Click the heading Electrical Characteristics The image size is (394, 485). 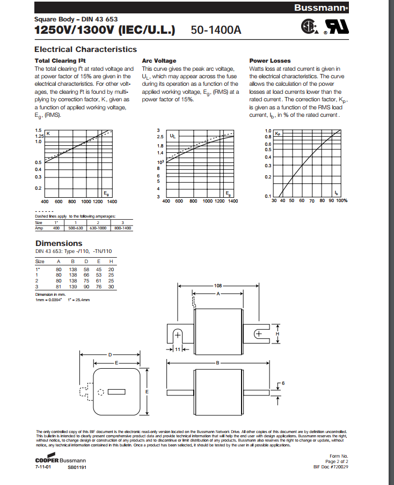click(x=86, y=49)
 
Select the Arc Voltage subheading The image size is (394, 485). click(x=159, y=61)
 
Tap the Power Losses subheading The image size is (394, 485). click(x=270, y=61)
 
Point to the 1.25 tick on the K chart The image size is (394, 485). click(x=38, y=136)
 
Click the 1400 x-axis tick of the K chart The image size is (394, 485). click(x=112, y=202)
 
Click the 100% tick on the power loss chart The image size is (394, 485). click(x=342, y=200)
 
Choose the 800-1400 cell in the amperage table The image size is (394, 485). click(x=123, y=228)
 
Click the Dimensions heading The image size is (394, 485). click(x=59, y=243)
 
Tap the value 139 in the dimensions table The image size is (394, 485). click(x=74, y=287)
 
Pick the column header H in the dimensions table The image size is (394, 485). click(x=111, y=261)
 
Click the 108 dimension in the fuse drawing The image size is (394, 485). click(x=218, y=286)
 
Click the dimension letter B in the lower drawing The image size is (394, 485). click(x=218, y=363)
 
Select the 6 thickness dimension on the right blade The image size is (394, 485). click(x=283, y=383)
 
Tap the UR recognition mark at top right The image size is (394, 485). click(x=334, y=28)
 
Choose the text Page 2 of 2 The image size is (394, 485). click(x=337, y=461)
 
